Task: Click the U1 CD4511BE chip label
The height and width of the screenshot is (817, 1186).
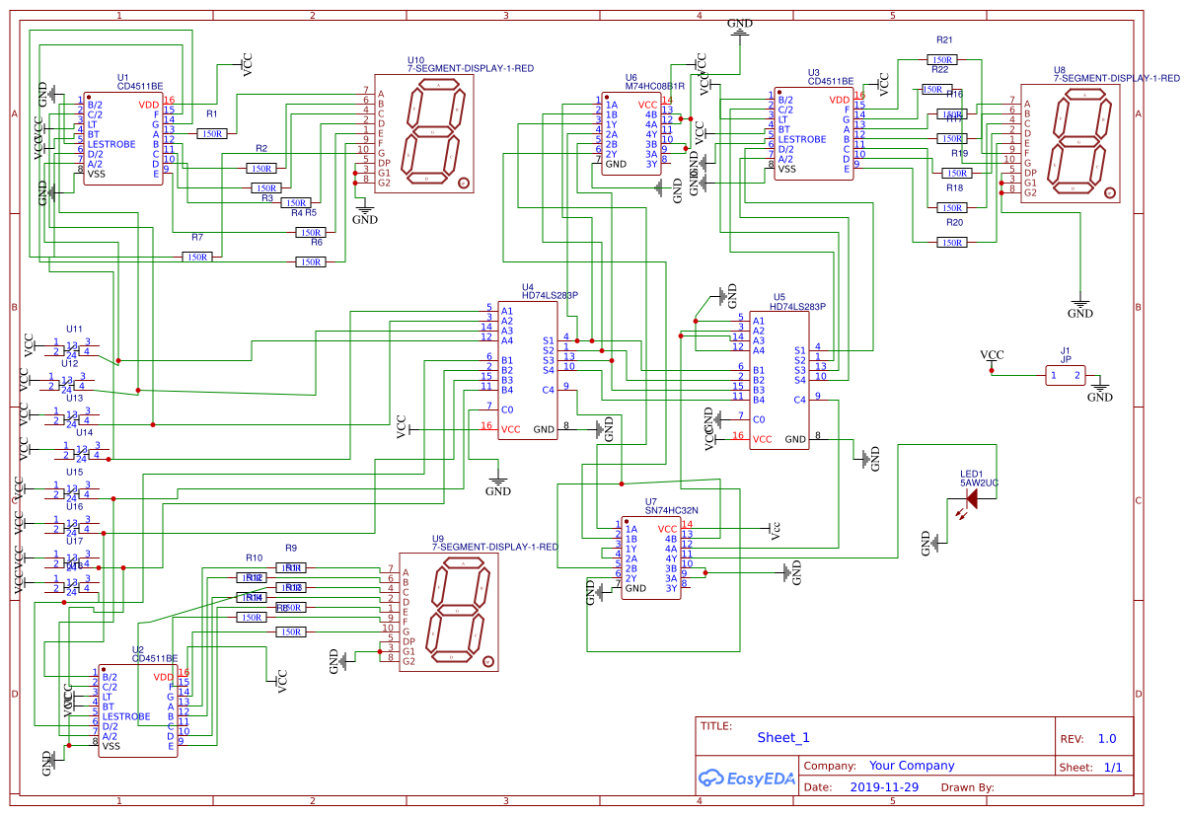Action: tap(140, 86)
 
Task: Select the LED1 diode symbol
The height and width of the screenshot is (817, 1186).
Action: tap(971, 499)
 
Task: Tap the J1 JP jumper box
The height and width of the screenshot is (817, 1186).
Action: tap(1066, 375)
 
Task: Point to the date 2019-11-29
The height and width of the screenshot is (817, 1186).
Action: tap(883, 787)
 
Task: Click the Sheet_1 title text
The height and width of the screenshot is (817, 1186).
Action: tap(782, 737)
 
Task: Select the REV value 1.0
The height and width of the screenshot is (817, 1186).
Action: tap(1106, 738)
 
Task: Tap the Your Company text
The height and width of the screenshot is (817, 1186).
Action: tap(911, 766)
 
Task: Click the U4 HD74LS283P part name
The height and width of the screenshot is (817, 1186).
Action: tap(550, 294)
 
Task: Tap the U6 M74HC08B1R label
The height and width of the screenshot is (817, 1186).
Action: tap(655, 86)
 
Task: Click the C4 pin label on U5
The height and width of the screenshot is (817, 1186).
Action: tap(799, 400)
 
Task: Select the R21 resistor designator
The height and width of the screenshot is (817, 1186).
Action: tap(944, 40)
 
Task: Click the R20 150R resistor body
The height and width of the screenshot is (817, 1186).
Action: tap(951, 243)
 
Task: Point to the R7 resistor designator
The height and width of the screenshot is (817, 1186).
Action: tap(197, 237)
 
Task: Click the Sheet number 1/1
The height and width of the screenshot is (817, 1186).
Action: tap(1112, 767)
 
